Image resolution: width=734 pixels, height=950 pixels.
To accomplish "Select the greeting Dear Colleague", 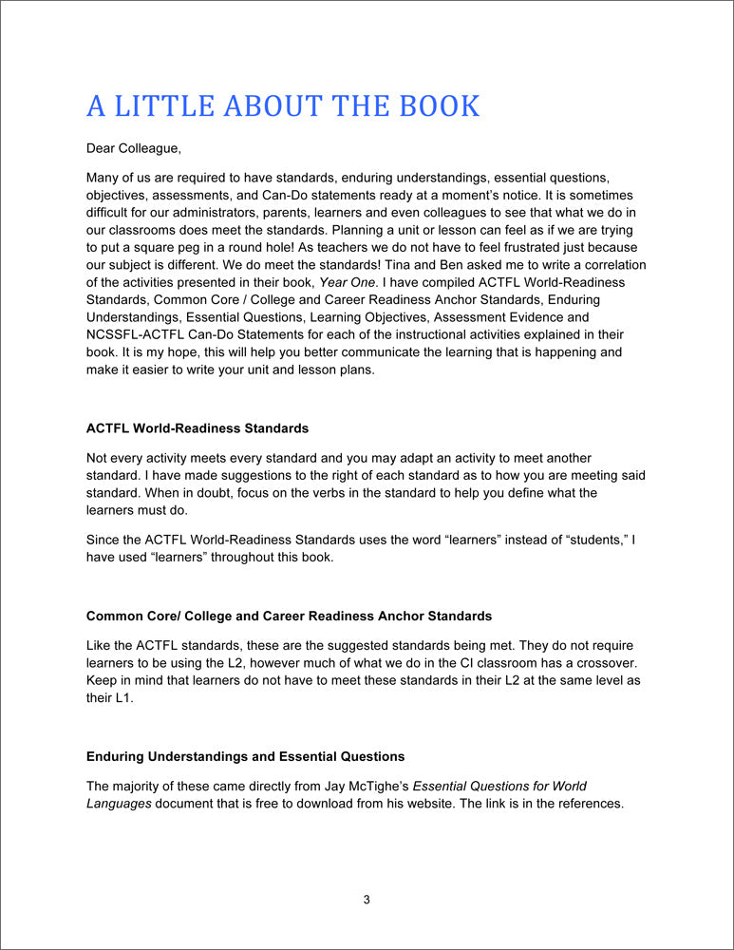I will [133, 148].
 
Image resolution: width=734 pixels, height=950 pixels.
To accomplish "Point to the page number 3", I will [367, 900].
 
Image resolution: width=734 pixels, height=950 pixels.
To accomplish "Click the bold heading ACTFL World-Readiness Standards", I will [198, 428].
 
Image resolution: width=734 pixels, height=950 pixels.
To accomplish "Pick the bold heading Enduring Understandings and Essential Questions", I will [245, 756].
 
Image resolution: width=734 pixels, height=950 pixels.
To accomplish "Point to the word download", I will [343, 803].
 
